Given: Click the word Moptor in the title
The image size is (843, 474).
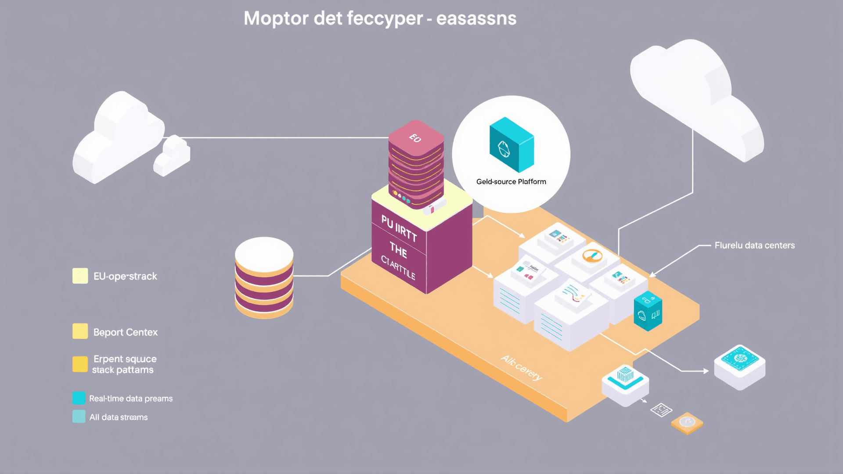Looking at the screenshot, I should point(276,18).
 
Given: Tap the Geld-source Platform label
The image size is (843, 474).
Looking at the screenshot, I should point(511,182).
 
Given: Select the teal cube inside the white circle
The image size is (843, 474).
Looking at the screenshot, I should point(512,145).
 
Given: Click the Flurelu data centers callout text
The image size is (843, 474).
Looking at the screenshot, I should point(754,245).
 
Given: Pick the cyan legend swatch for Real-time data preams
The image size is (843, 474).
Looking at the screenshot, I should point(79,398).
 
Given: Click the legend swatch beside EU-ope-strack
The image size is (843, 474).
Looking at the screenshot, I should point(80,276).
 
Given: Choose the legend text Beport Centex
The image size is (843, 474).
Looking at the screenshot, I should point(125,332).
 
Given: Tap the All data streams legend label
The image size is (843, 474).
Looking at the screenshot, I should point(118,417).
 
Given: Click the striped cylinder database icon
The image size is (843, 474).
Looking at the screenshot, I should point(264,277).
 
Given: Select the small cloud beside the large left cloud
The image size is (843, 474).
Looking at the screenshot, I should point(172,156).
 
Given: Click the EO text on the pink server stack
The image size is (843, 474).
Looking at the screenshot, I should point(415,138).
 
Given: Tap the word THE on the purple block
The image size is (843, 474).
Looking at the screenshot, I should point(398,250).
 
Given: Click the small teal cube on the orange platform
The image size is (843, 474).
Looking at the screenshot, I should point(648,311).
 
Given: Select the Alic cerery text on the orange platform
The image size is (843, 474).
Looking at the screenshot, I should point(522,368).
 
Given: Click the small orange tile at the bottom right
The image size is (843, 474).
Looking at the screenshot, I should point(687,423).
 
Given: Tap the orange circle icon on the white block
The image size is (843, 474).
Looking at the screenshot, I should point(592,255).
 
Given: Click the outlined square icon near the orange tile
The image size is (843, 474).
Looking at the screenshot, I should point(661,410).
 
